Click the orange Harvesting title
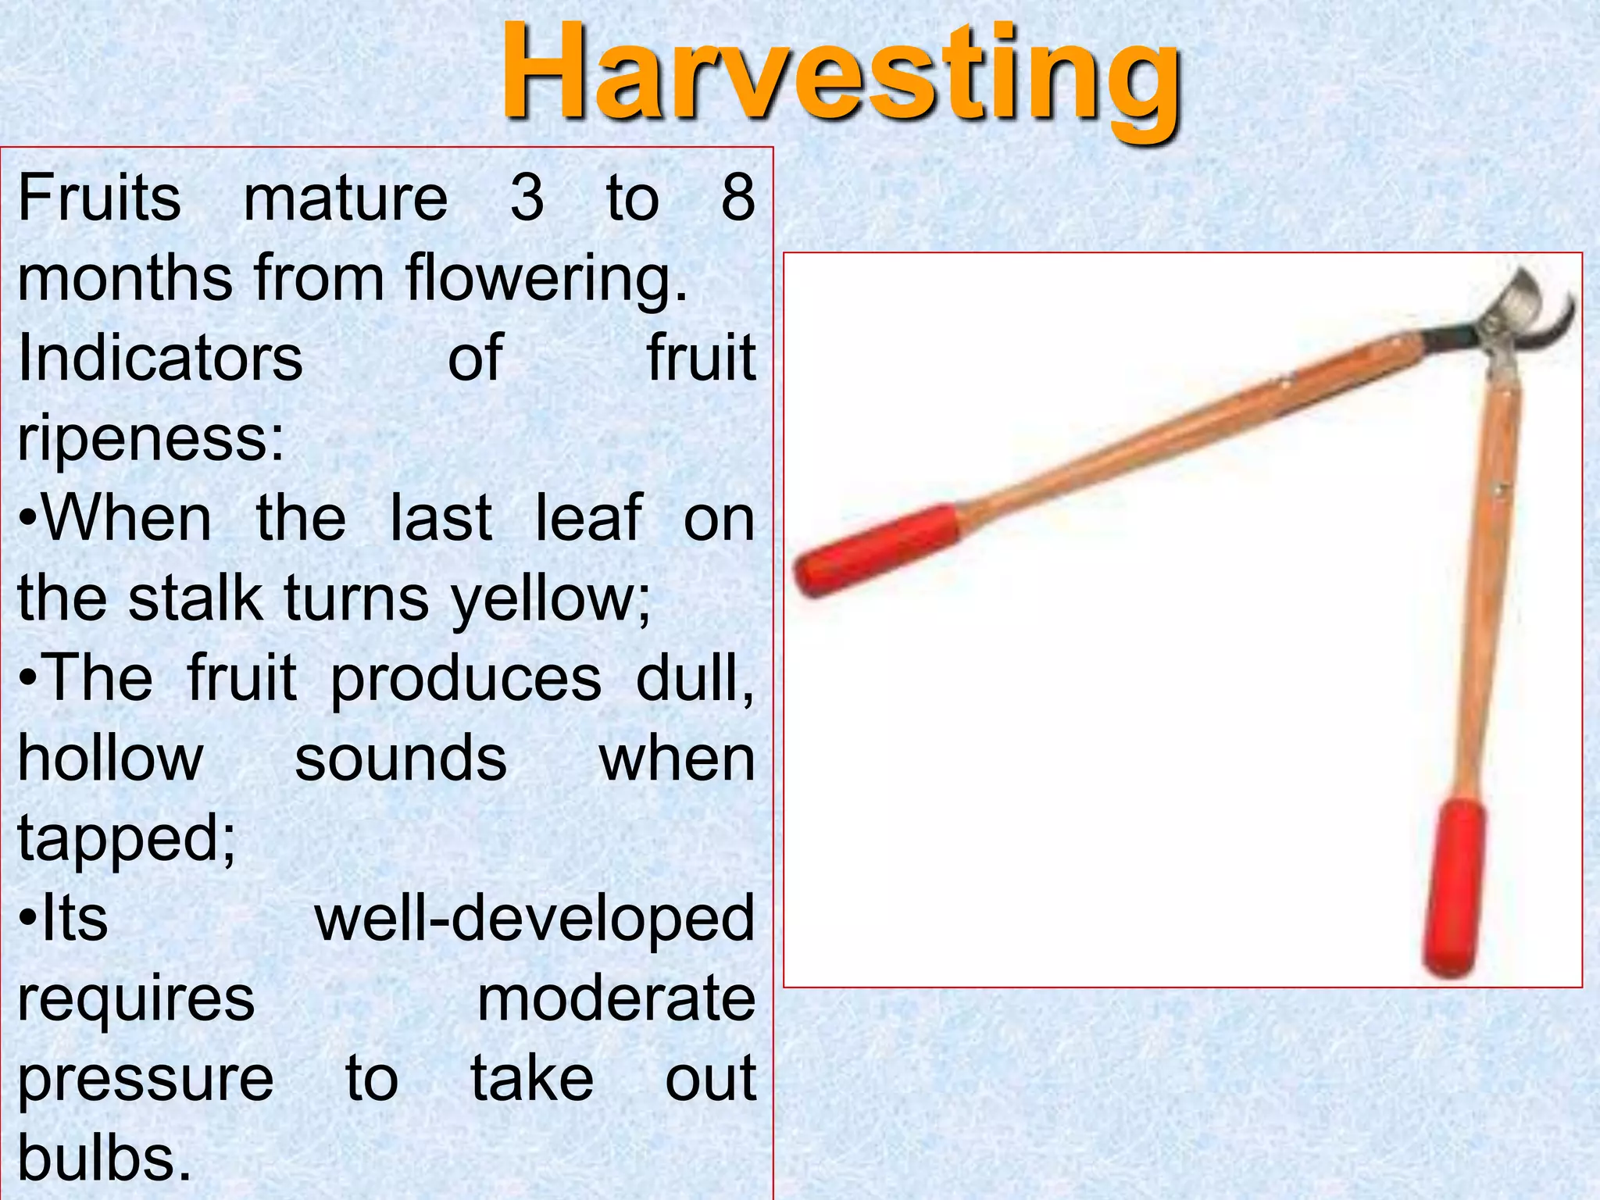840,74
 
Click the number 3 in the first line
527,198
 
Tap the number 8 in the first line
737,198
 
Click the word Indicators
160,359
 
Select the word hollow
110,758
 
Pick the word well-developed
534,920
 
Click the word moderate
616,999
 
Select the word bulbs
104,1159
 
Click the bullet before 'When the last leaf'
28,520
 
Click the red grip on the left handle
875,549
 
